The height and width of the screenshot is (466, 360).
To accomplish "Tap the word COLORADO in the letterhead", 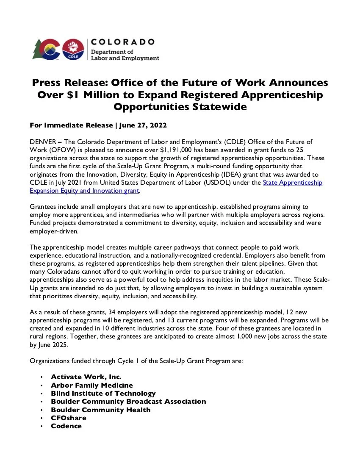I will [x=123, y=42].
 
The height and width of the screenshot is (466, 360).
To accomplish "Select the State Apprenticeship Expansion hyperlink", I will [x=292, y=183].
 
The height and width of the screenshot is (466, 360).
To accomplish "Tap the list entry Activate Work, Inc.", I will [x=86, y=377].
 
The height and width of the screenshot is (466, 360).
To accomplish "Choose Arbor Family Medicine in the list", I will [x=92, y=385].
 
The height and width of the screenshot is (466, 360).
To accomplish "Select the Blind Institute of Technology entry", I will [x=103, y=393].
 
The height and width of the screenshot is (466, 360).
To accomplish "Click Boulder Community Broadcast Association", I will [x=128, y=401].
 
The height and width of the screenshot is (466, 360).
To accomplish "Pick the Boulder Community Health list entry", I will [x=100, y=410].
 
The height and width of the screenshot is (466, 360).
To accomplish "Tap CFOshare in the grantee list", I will [x=68, y=418].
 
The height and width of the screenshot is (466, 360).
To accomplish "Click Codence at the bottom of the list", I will [x=66, y=426].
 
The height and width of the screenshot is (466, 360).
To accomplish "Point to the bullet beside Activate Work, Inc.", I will [x=42, y=377].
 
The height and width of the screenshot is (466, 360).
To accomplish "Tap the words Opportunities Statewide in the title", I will [x=180, y=107].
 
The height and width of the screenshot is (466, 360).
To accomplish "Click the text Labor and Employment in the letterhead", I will [x=125, y=58].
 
